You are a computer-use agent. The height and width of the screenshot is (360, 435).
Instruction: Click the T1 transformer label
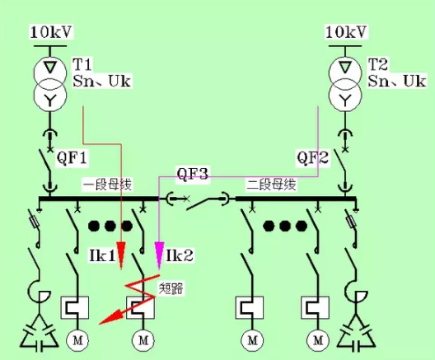82,64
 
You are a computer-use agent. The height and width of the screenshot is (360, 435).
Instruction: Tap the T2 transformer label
378,64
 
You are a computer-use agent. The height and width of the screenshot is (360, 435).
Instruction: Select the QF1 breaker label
72,157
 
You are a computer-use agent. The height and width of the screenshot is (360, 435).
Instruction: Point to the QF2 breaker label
313,157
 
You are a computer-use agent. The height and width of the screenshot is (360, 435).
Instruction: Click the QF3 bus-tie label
192,174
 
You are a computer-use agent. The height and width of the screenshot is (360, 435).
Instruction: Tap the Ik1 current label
102,255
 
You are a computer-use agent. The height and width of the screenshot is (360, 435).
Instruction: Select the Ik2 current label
180,255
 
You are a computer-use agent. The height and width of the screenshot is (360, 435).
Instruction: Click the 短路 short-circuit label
171,289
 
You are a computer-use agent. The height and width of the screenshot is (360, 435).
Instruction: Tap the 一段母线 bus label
107,185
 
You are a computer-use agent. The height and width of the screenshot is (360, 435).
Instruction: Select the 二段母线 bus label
271,185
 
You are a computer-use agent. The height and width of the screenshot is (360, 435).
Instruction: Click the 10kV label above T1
51,32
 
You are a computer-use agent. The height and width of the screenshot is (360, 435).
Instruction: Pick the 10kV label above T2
346,32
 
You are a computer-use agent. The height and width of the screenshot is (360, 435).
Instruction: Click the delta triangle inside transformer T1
50,67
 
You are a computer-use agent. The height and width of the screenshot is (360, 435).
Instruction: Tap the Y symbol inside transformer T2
345,100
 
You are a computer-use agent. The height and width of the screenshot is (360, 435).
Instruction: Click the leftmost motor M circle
77,340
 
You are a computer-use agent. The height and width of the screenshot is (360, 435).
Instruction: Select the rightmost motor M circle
318,340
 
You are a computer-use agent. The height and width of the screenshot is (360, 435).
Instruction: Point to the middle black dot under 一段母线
110,226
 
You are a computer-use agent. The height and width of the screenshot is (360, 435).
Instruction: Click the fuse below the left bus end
34,222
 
